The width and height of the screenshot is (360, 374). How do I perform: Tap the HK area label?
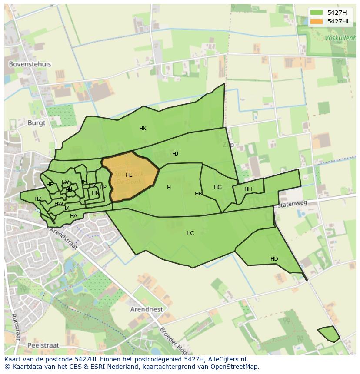(x=143, y=129)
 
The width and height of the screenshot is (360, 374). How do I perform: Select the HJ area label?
(x=175, y=154)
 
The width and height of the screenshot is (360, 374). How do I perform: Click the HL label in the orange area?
(x=129, y=175)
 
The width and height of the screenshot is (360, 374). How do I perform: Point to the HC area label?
(x=190, y=233)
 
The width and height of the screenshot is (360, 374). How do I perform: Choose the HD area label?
(x=274, y=259)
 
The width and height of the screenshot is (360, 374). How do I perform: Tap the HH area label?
(x=248, y=189)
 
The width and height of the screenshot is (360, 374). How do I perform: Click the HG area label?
(x=218, y=187)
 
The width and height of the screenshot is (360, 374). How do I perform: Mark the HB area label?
(x=198, y=194)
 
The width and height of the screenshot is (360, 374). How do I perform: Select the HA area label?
(x=73, y=216)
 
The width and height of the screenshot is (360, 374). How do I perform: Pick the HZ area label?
(x=38, y=199)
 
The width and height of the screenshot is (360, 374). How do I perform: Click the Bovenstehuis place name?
(x=30, y=64)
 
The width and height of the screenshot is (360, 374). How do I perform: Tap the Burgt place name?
(x=37, y=123)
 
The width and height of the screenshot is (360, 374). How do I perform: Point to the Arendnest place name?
(x=147, y=310)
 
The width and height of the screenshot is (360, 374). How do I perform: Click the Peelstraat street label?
(x=43, y=345)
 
